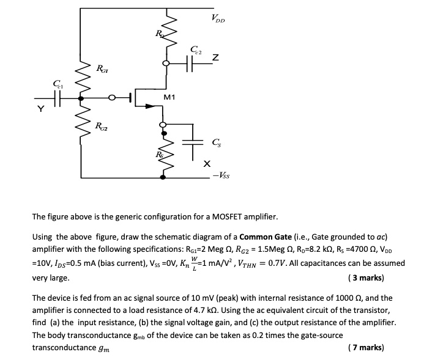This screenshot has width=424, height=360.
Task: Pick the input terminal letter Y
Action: [x=40, y=110]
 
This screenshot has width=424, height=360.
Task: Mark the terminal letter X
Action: [x=207, y=164]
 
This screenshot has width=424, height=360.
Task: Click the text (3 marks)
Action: [x=366, y=277]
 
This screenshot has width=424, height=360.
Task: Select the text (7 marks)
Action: [x=366, y=347]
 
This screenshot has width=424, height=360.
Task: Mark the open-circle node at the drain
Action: [x=165, y=63]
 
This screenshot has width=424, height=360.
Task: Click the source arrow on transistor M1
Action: [x=149, y=106]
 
